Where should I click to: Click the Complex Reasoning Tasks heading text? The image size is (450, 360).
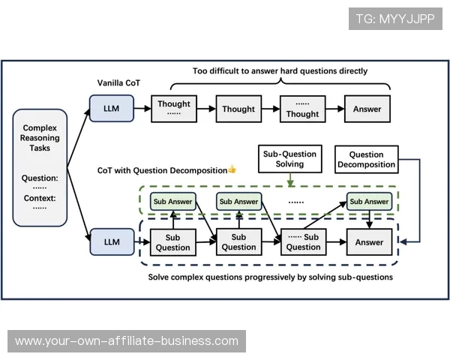(x=40, y=138)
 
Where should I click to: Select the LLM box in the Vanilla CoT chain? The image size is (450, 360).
(x=111, y=109)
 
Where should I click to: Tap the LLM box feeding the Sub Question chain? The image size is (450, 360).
(x=111, y=241)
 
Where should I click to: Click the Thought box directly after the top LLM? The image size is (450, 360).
(x=174, y=109)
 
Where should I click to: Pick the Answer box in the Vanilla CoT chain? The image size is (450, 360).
(x=367, y=109)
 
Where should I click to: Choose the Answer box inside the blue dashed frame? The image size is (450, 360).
(x=369, y=242)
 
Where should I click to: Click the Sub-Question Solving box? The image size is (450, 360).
(x=289, y=159)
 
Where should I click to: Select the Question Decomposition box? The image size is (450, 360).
(x=366, y=159)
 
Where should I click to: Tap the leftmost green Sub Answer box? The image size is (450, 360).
(x=173, y=201)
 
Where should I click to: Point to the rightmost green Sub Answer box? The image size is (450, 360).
(x=369, y=201)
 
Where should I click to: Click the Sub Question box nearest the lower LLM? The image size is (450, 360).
(x=173, y=242)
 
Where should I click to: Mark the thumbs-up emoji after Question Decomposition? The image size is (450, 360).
(x=232, y=169)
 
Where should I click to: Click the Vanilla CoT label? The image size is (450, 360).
(x=118, y=82)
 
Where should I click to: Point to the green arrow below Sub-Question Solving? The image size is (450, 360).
(x=289, y=179)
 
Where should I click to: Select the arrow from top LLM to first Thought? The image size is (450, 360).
(x=142, y=109)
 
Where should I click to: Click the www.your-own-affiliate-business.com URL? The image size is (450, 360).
(x=126, y=341)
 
